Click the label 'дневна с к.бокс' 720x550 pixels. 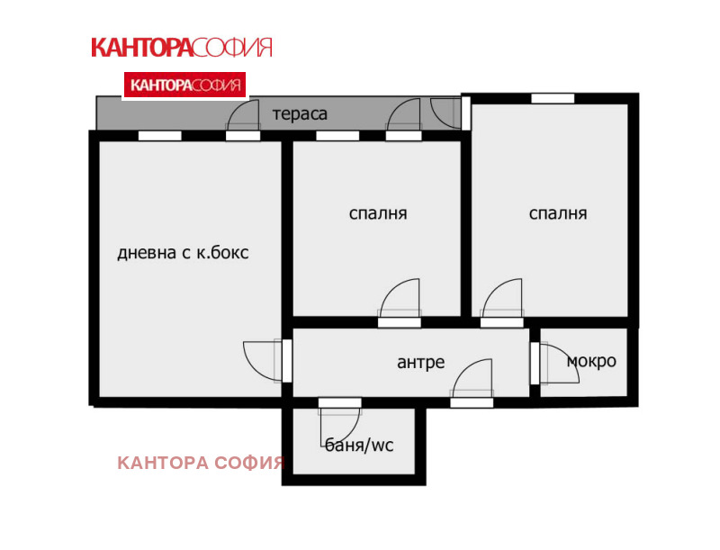coord(183,254)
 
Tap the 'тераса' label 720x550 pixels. coord(300,114)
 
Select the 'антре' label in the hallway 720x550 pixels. coord(420,363)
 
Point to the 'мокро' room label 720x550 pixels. coord(591,361)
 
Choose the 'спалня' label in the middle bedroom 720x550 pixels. coord(378,214)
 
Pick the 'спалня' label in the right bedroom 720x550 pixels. coord(558,214)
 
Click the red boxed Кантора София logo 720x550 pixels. coord(184,86)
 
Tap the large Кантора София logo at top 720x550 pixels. coord(181,48)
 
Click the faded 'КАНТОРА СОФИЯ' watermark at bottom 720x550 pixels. coord(201,464)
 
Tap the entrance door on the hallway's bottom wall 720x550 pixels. coord(472,383)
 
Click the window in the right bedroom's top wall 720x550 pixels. coord(553,98)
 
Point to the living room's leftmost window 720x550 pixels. coord(159,136)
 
